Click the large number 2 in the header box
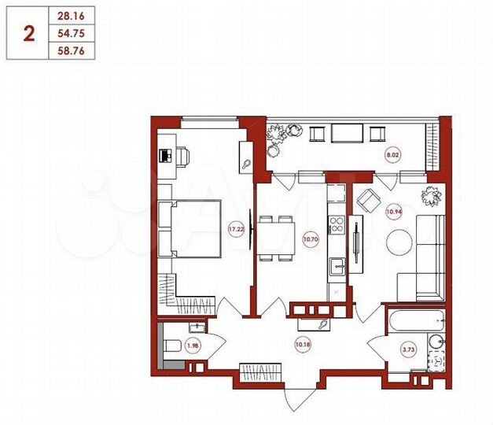coord(29,33)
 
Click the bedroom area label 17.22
coord(234,229)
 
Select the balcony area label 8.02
coord(392,156)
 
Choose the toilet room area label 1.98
coord(193,345)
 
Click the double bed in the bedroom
coord(190,227)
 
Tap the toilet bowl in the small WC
coord(171,344)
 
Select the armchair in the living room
coord(366,204)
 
